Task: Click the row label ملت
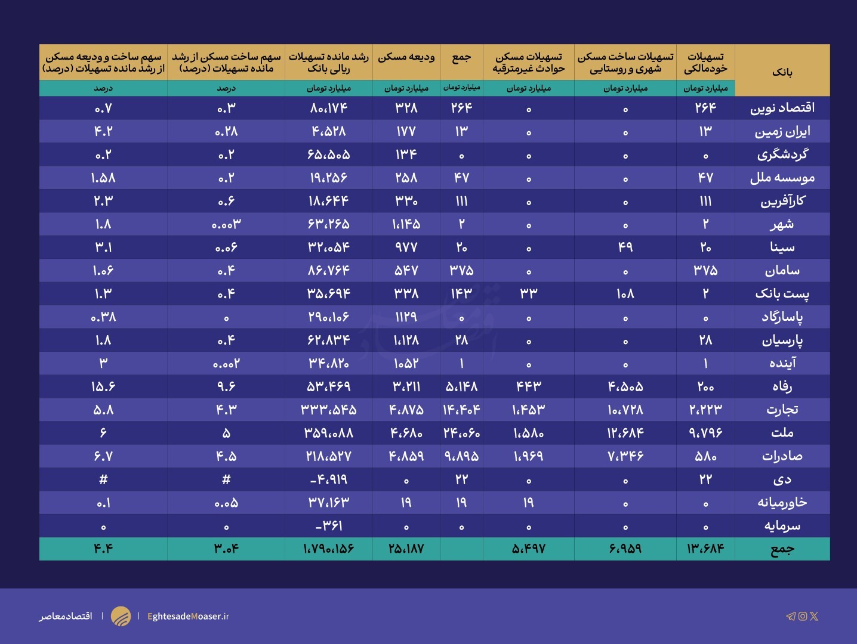(782, 433)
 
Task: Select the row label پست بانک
(782, 293)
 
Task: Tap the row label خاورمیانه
(782, 503)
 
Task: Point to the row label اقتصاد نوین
(782, 108)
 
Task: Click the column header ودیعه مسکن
(406, 57)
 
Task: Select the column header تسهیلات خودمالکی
(705, 63)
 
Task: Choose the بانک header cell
(782, 72)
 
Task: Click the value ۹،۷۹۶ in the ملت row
(705, 433)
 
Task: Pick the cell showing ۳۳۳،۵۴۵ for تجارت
(329, 410)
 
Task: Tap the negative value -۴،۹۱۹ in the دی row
(329, 479)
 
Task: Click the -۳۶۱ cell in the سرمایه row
(329, 526)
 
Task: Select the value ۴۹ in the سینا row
(625, 247)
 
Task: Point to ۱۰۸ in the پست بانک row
(625, 293)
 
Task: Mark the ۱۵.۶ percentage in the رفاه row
(103, 386)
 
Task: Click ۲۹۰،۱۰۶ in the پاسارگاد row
(329, 317)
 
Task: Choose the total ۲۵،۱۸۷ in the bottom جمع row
(406, 549)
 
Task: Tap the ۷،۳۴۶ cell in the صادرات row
(625, 456)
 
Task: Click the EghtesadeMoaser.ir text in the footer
(188, 616)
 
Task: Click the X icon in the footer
(814, 616)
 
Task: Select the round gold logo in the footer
(121, 616)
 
